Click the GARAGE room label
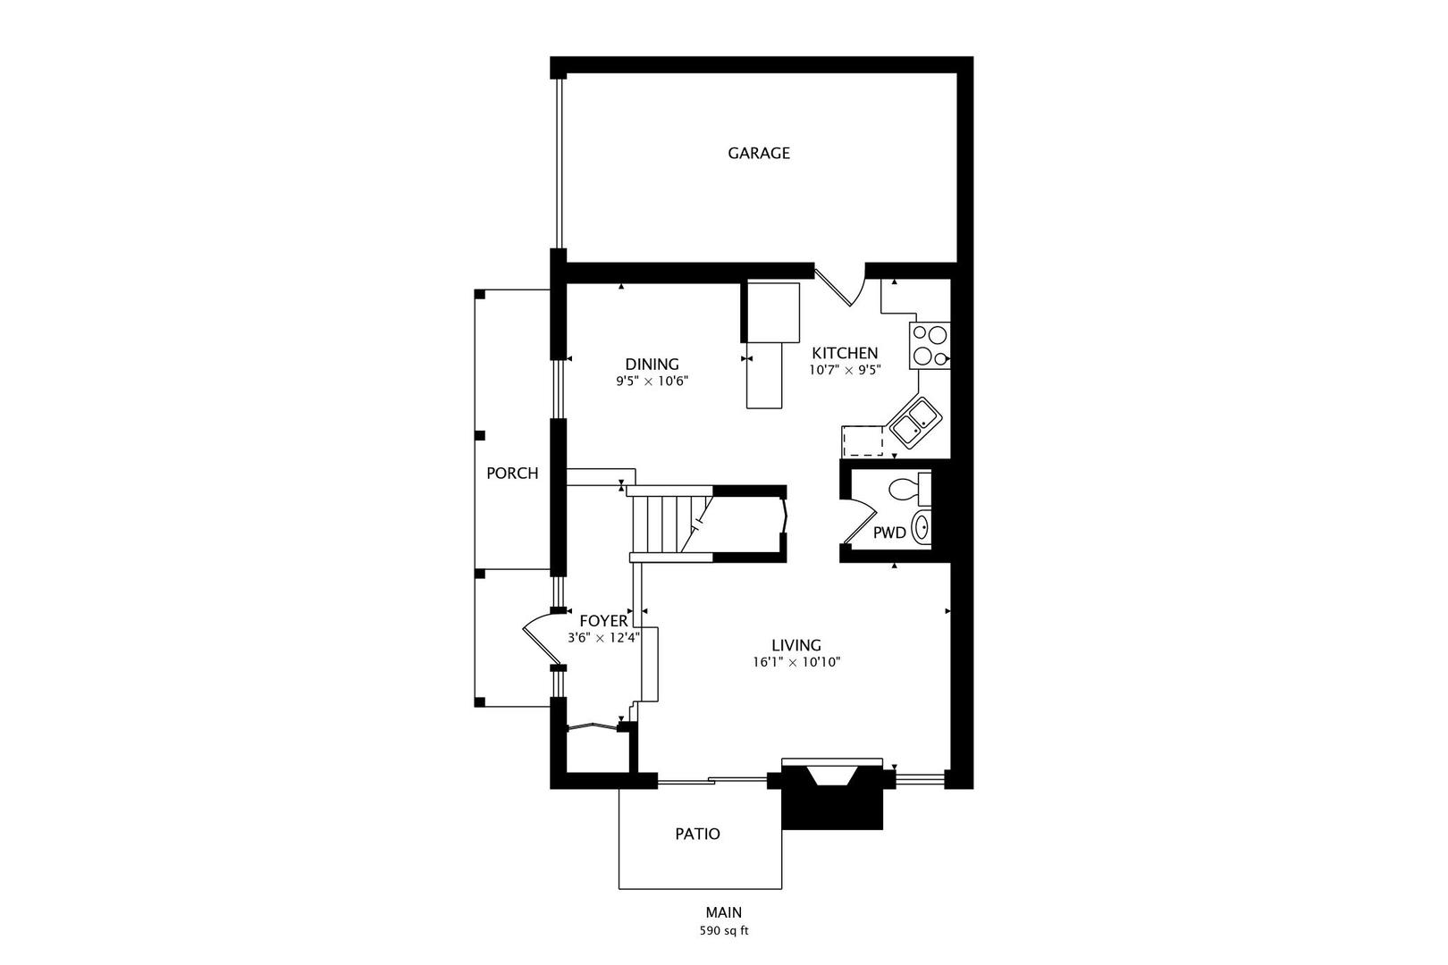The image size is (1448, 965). click(x=758, y=153)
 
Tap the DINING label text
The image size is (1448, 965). click(x=652, y=364)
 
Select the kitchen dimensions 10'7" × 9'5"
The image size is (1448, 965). click(x=845, y=369)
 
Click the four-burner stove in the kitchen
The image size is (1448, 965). click(x=930, y=346)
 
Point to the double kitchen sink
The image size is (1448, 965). click(x=913, y=424)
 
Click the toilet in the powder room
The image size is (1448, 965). click(x=907, y=489)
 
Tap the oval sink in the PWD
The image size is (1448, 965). click(x=922, y=528)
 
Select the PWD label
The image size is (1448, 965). click(x=888, y=533)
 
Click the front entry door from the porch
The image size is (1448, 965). click(x=537, y=638)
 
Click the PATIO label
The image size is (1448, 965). click(x=697, y=834)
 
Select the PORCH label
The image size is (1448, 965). click(x=512, y=474)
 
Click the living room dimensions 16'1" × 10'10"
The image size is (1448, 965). click(x=796, y=662)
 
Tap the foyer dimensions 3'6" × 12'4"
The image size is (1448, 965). click(x=603, y=638)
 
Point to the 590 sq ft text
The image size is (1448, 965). click(x=723, y=931)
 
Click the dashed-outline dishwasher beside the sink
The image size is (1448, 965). click(x=863, y=441)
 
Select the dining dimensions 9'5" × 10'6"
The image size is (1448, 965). click(x=652, y=381)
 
